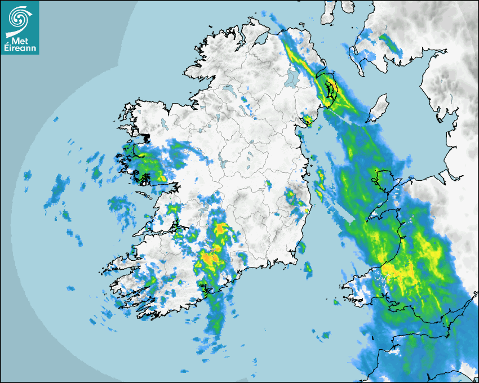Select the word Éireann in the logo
(x=20, y=47)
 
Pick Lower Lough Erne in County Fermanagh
(x=229, y=90)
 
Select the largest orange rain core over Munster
(x=210, y=259)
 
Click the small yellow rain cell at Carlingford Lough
(x=308, y=119)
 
